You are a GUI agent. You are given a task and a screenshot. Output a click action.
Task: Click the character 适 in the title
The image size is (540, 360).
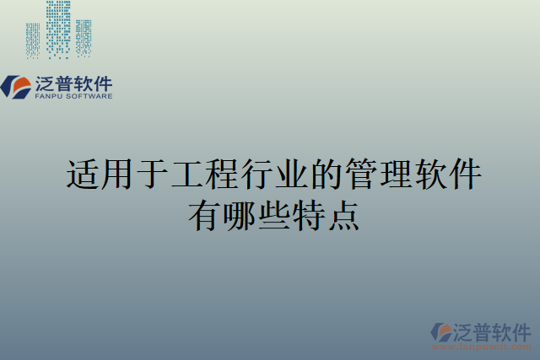point(83,175)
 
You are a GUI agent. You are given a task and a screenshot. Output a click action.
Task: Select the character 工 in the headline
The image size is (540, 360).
point(187,175)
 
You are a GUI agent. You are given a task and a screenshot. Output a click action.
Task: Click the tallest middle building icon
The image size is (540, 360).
point(58,30)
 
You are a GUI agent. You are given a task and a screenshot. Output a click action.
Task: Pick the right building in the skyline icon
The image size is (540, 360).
point(84,38)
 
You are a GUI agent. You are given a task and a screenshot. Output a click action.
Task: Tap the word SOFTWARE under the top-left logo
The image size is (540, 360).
point(90,96)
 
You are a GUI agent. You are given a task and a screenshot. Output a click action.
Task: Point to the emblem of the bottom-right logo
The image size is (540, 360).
point(442,331)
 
